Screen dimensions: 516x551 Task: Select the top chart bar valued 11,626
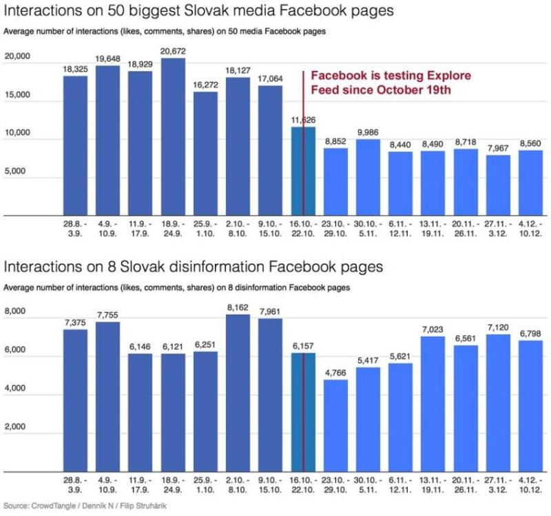[303, 172]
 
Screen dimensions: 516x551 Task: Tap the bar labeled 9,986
[368, 178]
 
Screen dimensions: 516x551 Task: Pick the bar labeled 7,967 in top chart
[498, 186]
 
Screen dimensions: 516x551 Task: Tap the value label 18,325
[76, 69]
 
